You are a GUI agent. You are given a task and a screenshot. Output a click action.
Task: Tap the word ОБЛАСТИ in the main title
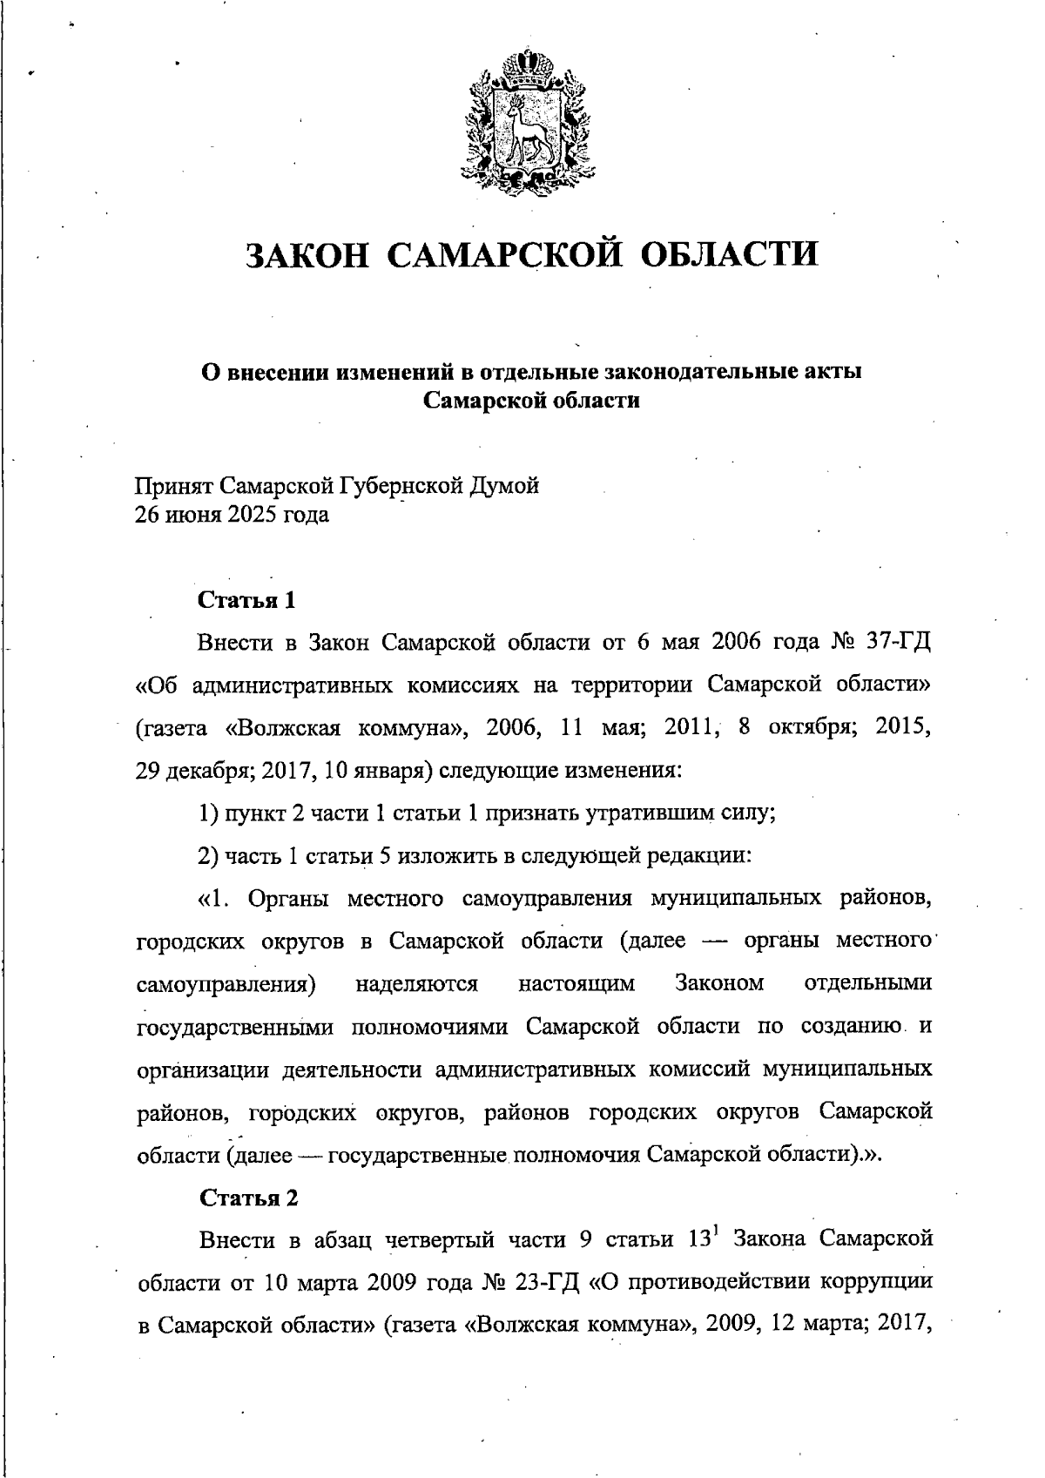tap(730, 254)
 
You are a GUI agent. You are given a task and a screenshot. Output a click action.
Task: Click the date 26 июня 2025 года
tap(232, 515)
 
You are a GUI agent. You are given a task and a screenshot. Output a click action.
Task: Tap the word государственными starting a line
tap(235, 1027)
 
